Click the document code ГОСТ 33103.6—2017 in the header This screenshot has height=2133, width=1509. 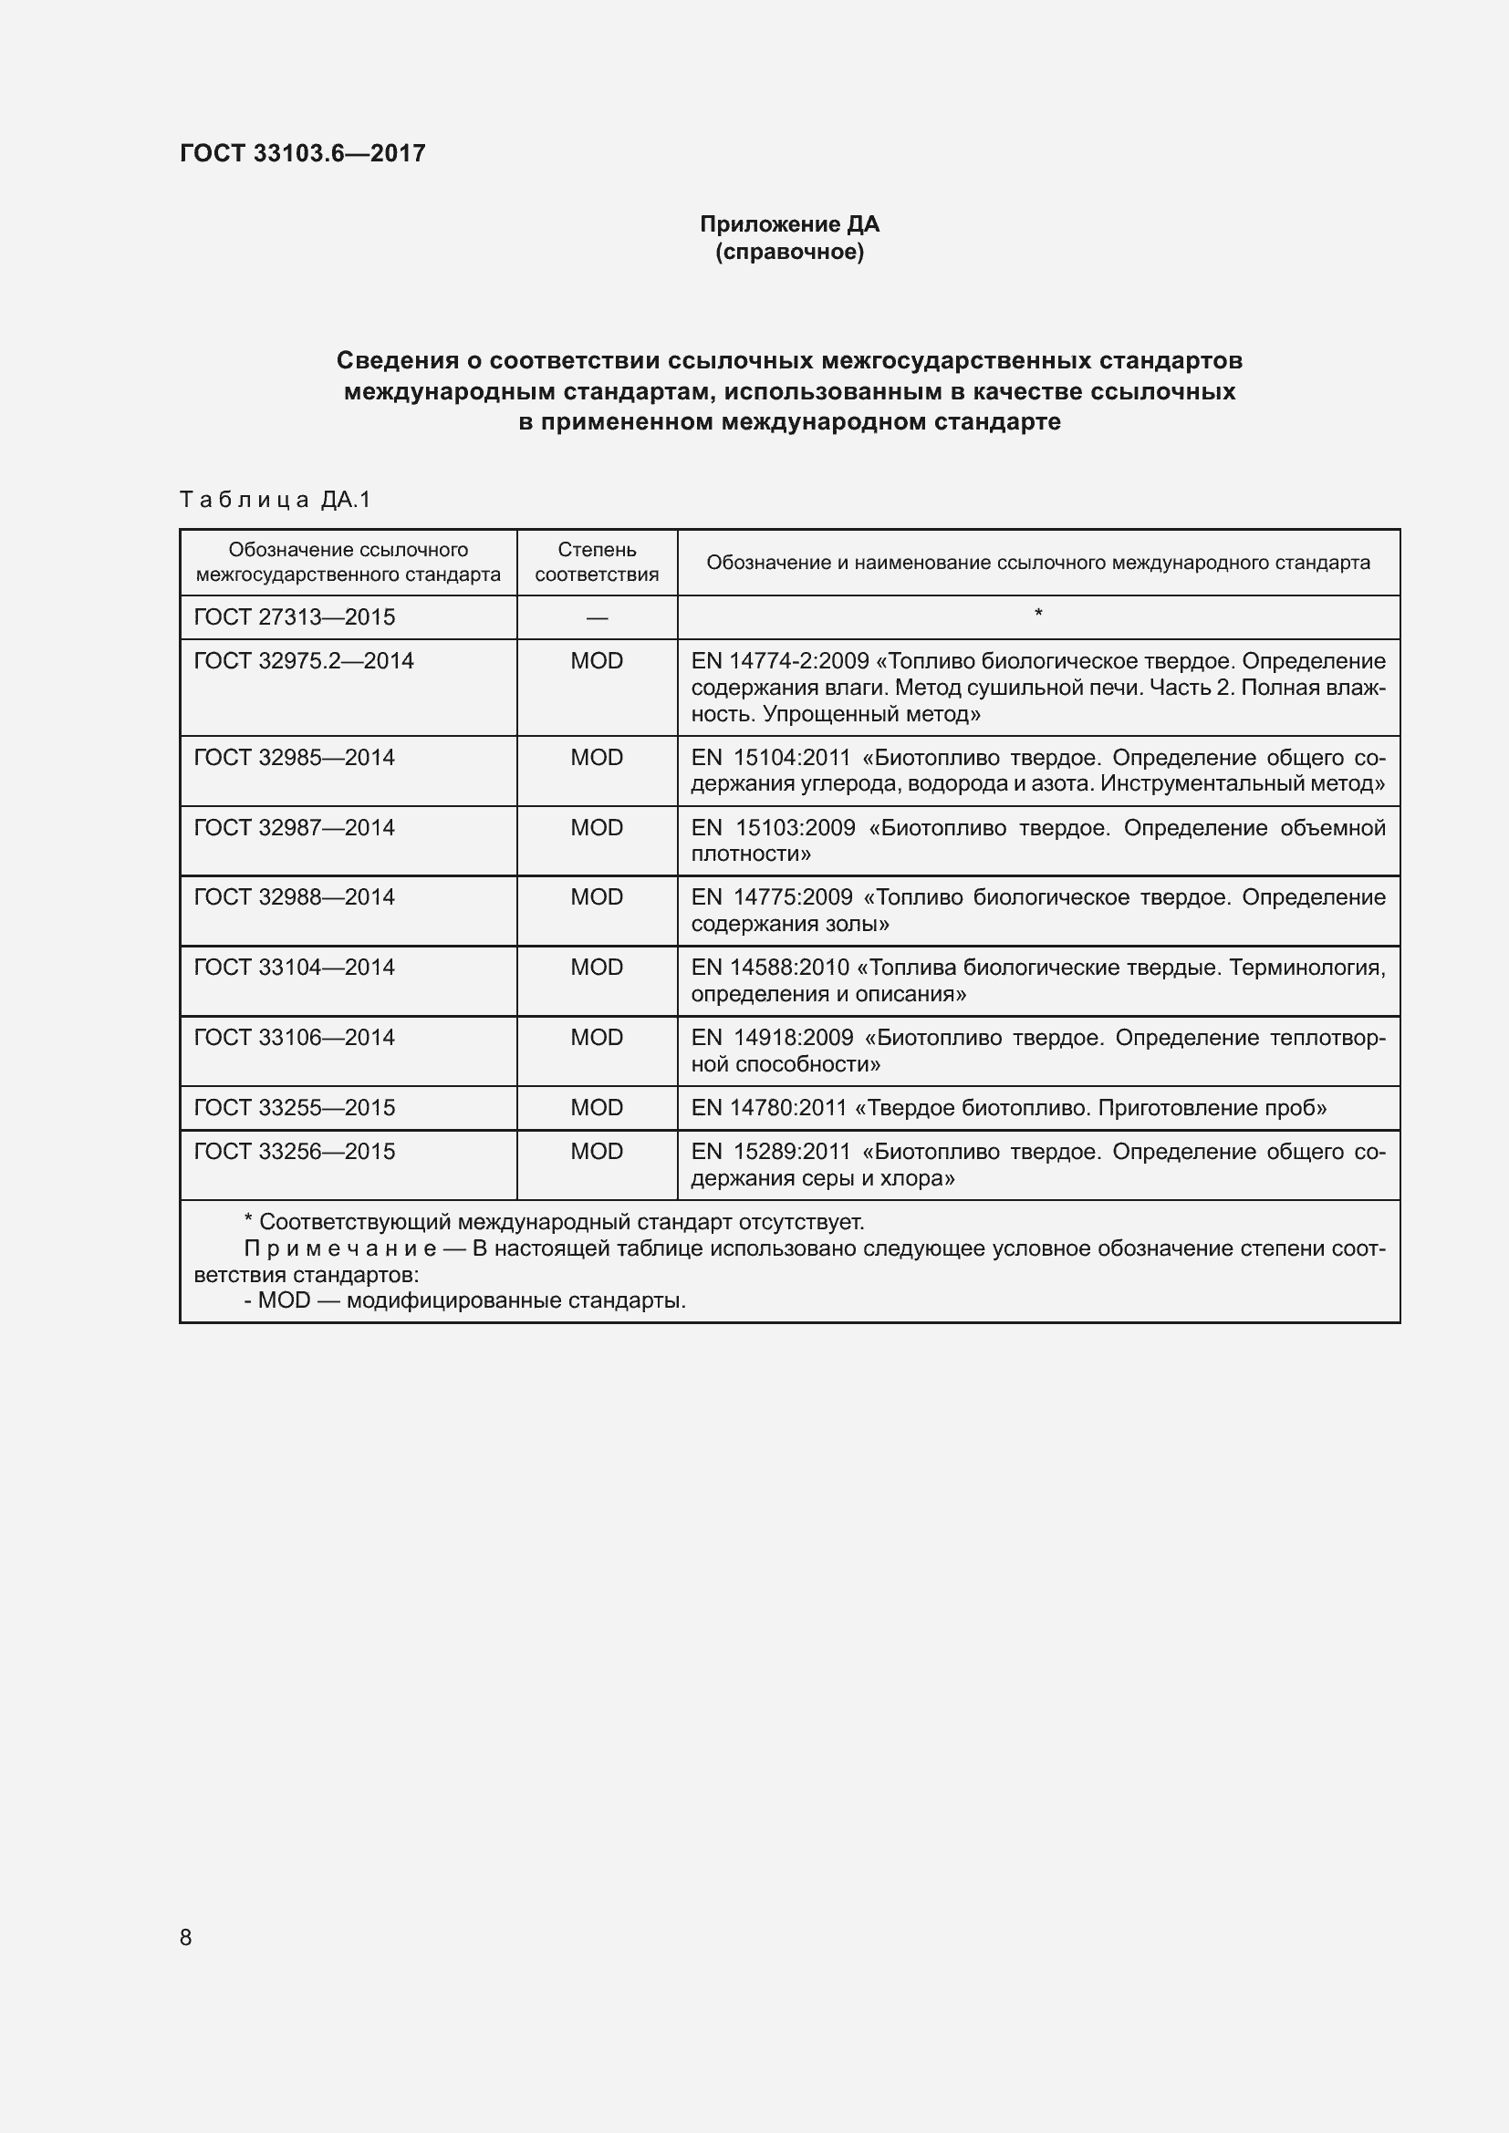tap(302, 153)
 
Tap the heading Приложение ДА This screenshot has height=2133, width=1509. tap(789, 225)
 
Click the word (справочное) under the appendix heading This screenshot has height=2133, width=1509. tap(789, 253)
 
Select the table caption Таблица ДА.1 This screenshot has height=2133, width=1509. tap(275, 500)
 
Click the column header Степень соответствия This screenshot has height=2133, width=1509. tap(597, 562)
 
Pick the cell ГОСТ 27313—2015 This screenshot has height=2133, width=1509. tap(295, 616)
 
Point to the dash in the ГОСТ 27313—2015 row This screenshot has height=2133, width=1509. tap(597, 617)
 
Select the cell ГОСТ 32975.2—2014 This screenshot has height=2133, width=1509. tap(304, 660)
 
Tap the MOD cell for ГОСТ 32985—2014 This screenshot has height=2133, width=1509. tap(597, 757)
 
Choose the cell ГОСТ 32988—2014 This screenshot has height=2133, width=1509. tap(295, 896)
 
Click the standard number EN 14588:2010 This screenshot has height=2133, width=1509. tap(770, 967)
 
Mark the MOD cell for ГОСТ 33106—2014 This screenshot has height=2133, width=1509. tap(597, 1037)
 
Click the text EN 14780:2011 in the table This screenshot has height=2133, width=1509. tap(769, 1107)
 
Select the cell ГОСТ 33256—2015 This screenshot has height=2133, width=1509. tap(295, 1151)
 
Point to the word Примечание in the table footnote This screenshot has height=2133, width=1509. tap(340, 1248)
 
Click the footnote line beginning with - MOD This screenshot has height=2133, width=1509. tap(464, 1299)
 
